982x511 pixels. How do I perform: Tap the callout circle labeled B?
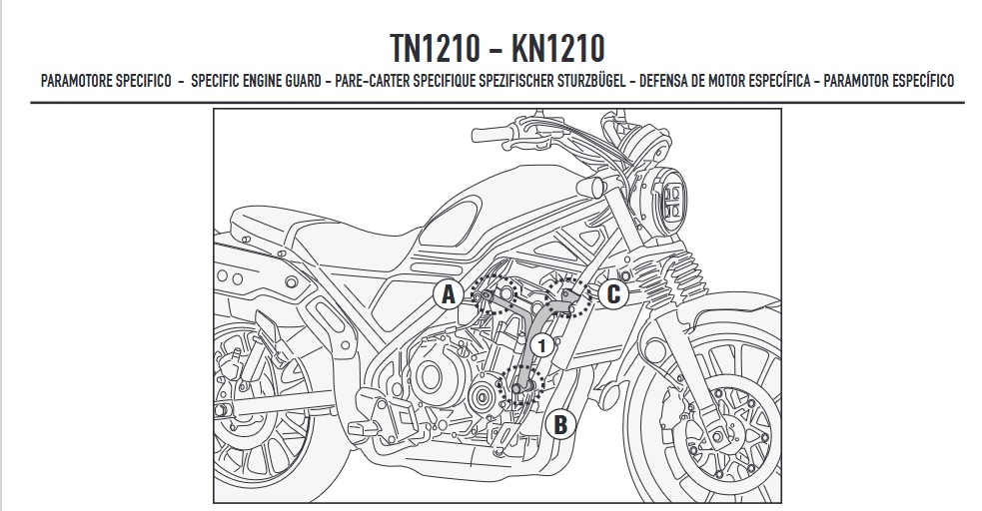coord(561,424)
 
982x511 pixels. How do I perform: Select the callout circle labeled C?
coord(613,292)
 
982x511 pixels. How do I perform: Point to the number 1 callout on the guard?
coord(540,346)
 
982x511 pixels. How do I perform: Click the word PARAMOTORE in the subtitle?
coord(77,81)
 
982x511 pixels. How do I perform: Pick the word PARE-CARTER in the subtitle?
coord(370,81)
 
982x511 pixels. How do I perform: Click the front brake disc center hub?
coord(727,408)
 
